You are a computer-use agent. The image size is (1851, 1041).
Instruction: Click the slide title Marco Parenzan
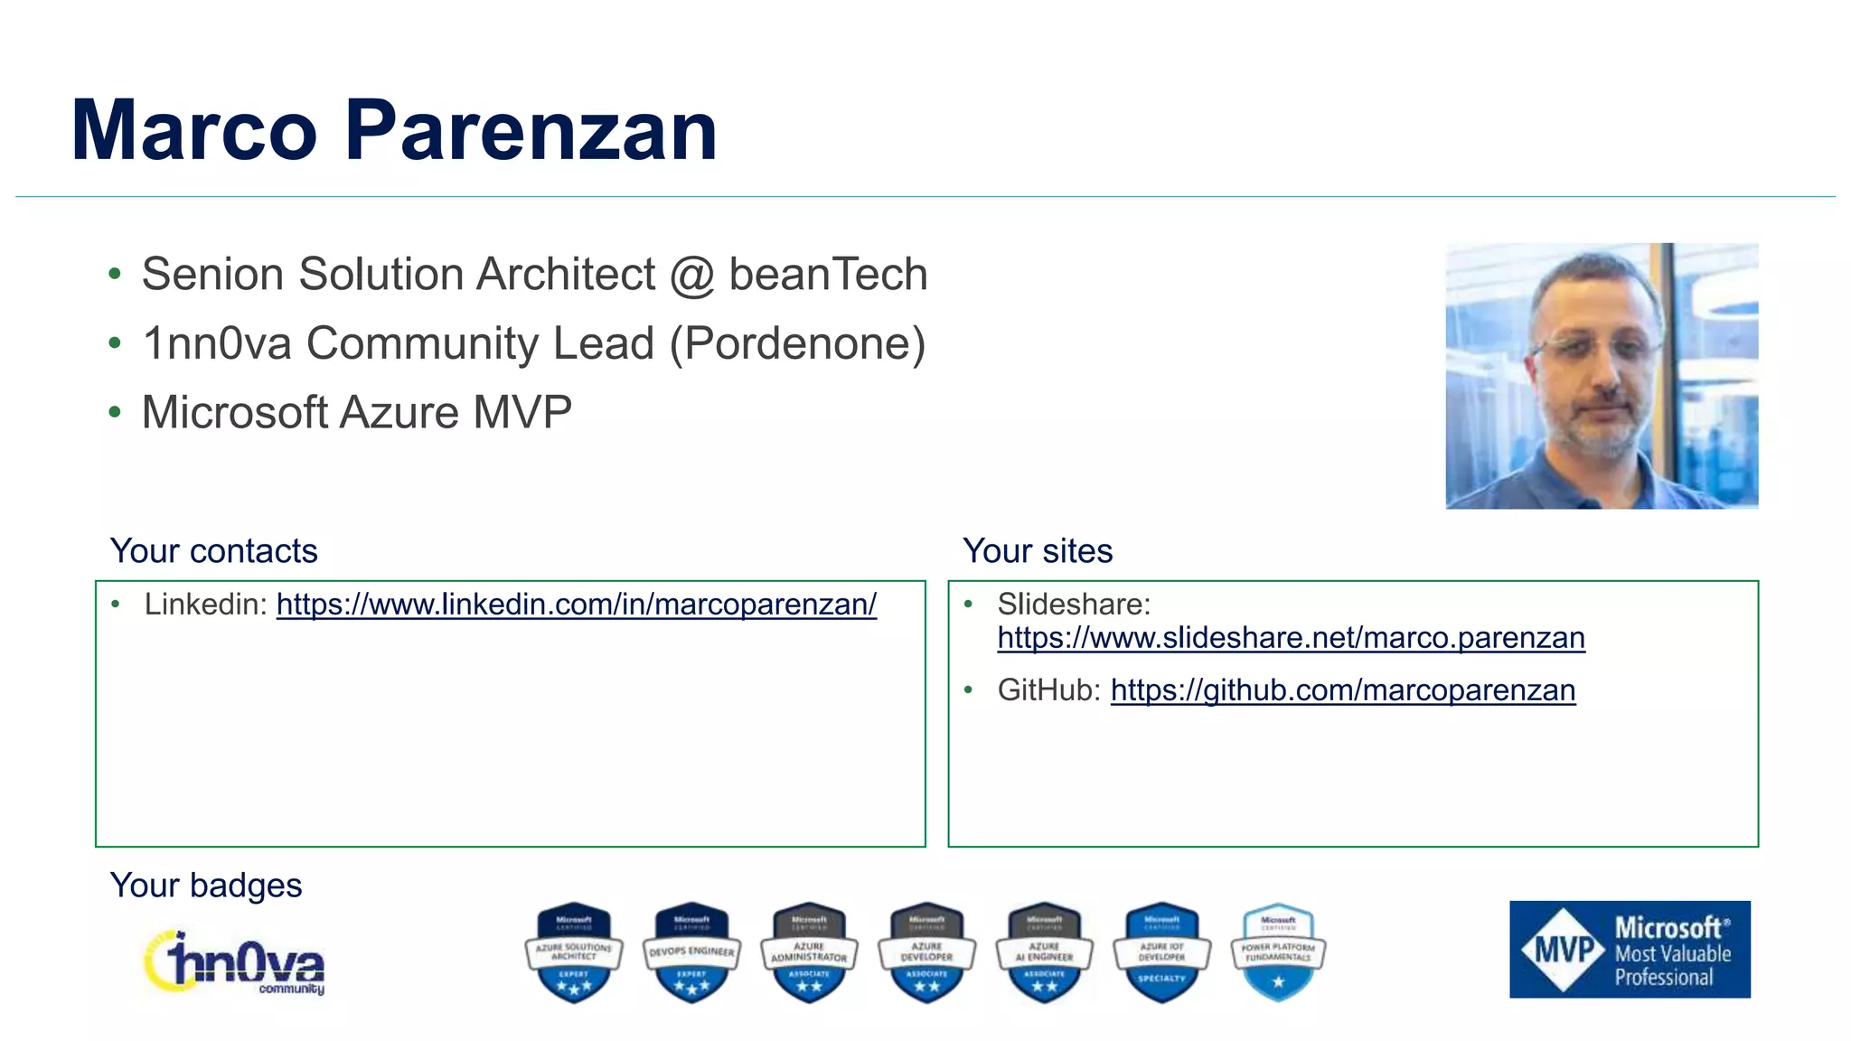coord(394,131)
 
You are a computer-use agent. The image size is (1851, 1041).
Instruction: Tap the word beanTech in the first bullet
coord(828,274)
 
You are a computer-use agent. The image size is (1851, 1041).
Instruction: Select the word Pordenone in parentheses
coord(798,343)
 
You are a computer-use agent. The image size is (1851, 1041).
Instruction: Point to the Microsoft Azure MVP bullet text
coord(356,412)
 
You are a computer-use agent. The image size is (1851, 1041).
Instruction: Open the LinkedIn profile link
coord(576,604)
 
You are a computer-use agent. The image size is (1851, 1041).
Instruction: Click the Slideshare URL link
coord(1291,638)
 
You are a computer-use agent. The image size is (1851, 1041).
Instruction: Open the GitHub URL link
coord(1342,690)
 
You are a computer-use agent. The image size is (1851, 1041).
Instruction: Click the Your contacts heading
coord(213,551)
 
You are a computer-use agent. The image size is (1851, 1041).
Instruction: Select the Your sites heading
coord(1037,551)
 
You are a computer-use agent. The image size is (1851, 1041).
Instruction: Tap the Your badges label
coord(206,886)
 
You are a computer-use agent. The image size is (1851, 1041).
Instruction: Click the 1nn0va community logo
coord(235,963)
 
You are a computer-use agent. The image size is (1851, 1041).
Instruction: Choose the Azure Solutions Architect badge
coord(574,952)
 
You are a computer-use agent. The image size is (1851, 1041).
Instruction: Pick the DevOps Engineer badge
coord(691,952)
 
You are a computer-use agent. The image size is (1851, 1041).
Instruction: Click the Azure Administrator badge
coord(809,952)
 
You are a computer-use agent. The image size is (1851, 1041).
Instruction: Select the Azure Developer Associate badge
coord(926,952)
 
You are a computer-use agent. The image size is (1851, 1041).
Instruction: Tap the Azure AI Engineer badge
coord(1044,952)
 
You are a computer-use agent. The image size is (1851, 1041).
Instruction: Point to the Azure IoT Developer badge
coord(1161,952)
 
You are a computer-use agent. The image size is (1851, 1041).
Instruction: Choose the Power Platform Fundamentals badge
coord(1278,952)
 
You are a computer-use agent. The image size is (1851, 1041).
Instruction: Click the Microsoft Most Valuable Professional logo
coord(1630,950)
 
